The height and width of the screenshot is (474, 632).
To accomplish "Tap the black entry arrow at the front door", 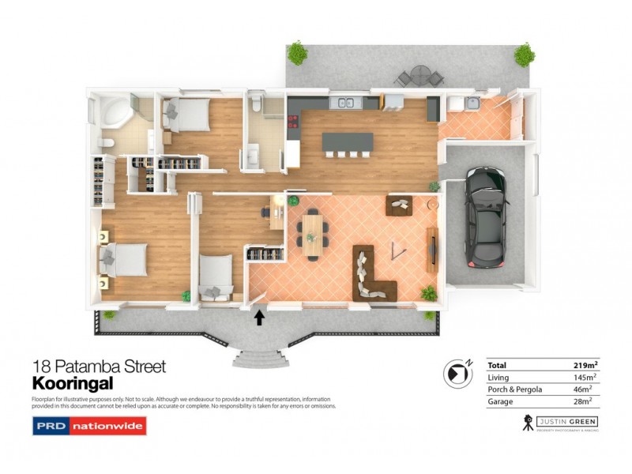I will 258,318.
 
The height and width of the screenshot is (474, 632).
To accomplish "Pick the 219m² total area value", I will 584,365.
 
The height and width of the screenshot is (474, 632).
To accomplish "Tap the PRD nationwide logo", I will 89,427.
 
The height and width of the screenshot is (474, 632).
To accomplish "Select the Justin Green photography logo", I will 562,423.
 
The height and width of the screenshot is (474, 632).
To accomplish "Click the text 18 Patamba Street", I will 99,367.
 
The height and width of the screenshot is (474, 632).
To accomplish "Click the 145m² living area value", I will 585,378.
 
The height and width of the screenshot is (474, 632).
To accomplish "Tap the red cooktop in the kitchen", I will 293,122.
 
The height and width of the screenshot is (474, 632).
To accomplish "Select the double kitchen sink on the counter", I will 347,102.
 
